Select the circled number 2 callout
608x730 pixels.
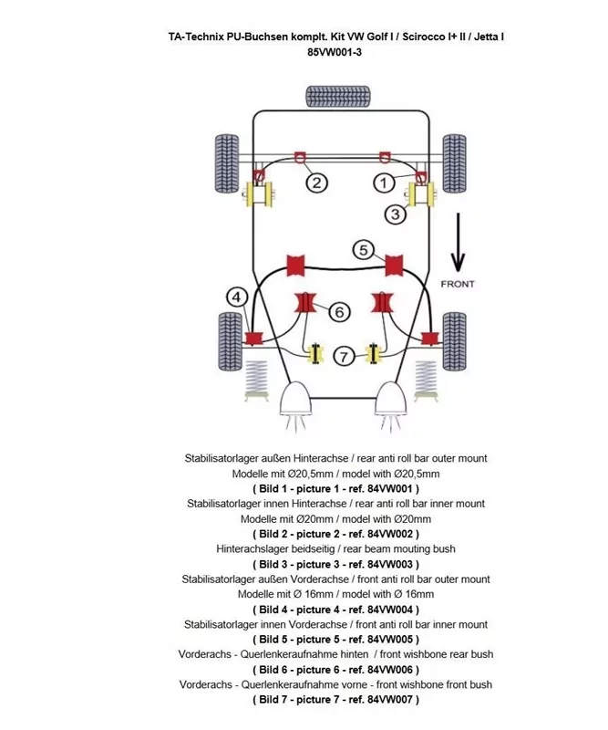pos(316,183)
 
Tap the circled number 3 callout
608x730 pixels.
pos(395,214)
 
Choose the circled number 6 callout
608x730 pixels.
pos(338,312)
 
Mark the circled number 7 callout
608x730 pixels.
pos(343,357)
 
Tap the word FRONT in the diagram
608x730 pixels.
pos(458,284)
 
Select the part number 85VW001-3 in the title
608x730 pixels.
pos(335,52)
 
